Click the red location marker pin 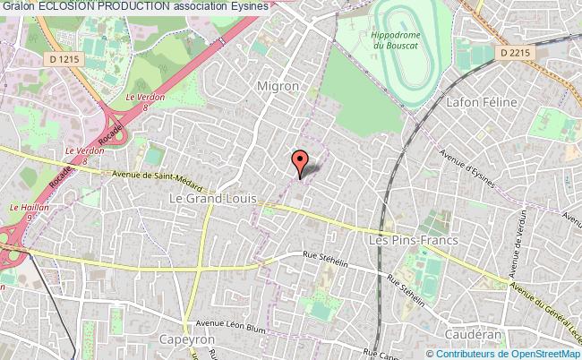pyautogui.click(x=300, y=161)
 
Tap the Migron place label pyautogui.click(x=278, y=86)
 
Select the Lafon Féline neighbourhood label pyautogui.click(x=488, y=102)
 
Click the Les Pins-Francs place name pyautogui.click(x=414, y=240)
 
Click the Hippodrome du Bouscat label pyautogui.click(x=390, y=40)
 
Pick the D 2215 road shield pyautogui.click(x=516, y=53)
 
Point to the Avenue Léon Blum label pyautogui.click(x=230, y=325)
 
